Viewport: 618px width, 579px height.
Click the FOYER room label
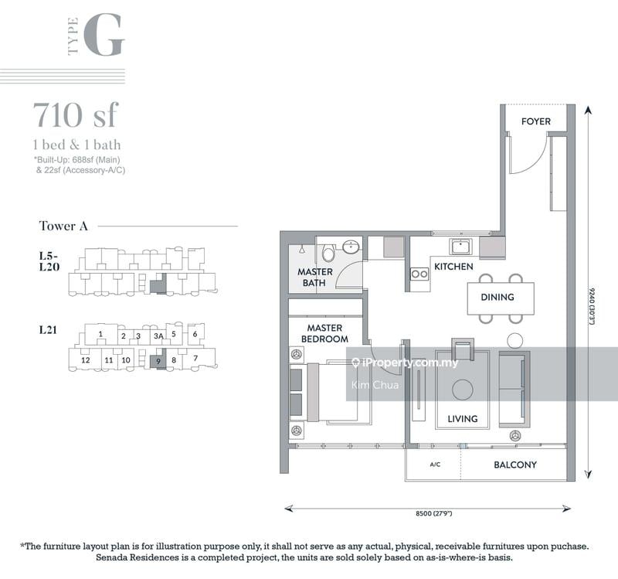coord(535,121)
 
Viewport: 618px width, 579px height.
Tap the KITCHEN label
coord(453,267)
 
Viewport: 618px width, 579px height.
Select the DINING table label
coord(497,297)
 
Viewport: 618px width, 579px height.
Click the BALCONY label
coord(515,465)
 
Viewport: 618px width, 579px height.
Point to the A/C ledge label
coord(435,465)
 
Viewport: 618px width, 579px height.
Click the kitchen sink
coord(460,247)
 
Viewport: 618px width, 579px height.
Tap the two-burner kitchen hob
coord(419,274)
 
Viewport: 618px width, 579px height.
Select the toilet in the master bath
coord(328,253)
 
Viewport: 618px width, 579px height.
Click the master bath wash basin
coord(351,247)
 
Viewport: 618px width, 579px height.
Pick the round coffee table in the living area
coord(462,390)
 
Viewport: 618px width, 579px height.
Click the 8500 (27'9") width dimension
coord(433,513)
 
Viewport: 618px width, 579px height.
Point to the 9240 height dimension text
coord(592,307)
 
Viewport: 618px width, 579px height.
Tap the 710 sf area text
coord(76,114)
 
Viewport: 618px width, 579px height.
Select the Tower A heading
coord(63,226)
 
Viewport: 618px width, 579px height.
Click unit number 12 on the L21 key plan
coord(86,360)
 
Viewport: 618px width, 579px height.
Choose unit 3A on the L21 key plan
coord(158,336)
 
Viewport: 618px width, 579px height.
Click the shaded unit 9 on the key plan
coord(158,361)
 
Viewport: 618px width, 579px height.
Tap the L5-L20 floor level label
coord(49,261)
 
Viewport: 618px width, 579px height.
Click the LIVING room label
coord(462,419)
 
